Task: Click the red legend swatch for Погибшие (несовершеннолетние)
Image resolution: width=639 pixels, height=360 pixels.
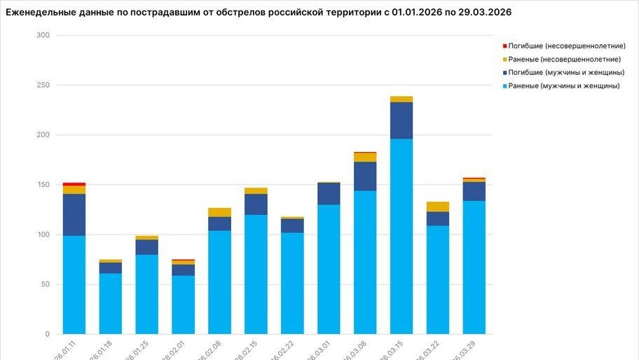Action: (504, 46)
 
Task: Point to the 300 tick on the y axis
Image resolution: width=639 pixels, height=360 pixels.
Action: (43, 35)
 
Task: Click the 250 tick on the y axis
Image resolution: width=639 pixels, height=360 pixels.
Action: (43, 85)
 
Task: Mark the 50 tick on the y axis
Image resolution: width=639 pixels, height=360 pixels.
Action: (45, 284)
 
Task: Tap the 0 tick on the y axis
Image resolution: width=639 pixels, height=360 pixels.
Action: (48, 334)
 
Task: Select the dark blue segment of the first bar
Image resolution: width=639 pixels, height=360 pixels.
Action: (74, 214)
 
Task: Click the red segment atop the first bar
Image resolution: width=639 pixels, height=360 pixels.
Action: (74, 184)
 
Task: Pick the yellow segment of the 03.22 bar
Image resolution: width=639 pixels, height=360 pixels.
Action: (438, 207)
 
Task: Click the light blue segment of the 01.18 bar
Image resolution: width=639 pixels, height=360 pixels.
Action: (111, 303)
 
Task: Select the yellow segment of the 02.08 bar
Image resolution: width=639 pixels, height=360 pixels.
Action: (219, 212)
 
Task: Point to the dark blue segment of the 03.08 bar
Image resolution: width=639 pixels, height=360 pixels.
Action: (365, 176)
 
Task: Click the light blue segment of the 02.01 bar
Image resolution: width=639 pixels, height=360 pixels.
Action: (183, 305)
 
